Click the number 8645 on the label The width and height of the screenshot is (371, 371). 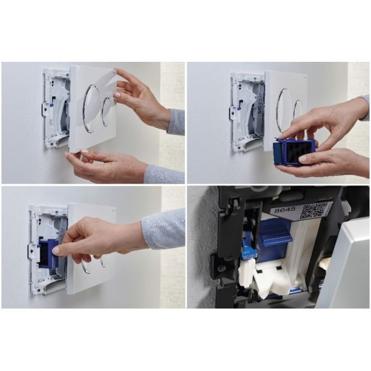coord(283,211)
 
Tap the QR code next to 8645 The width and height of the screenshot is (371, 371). coord(313,210)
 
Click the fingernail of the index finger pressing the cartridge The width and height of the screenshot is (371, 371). coord(57,250)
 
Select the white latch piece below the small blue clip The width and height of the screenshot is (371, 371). coord(248,272)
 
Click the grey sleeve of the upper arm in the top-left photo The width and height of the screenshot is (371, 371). coord(176,121)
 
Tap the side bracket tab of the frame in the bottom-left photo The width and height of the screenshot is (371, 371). coord(31,250)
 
